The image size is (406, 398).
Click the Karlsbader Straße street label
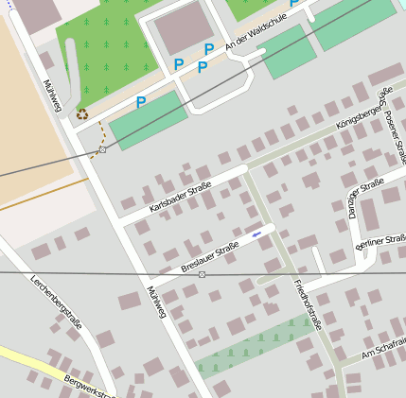184,194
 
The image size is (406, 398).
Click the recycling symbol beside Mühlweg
82,113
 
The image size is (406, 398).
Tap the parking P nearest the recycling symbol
141,102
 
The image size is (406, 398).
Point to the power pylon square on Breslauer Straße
202,274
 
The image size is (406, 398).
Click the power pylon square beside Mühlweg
102,149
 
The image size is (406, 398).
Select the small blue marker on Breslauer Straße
256,234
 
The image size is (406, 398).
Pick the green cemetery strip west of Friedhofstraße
256,345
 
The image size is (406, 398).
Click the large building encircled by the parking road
184,28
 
